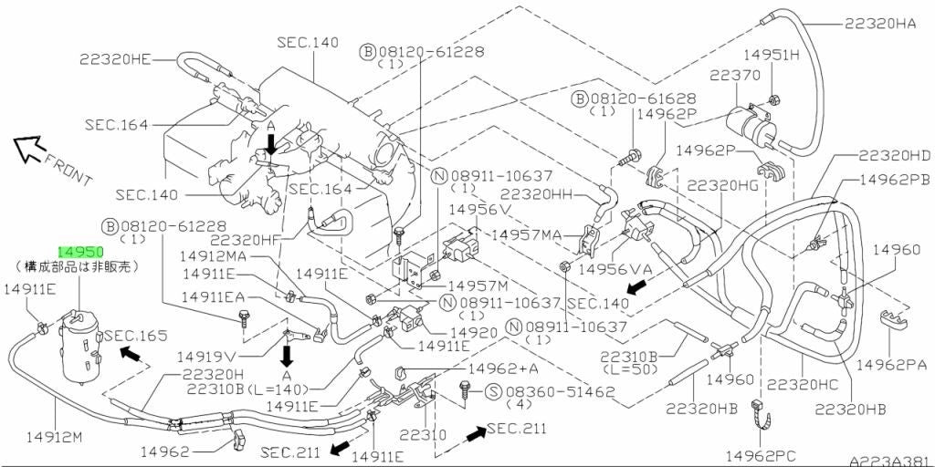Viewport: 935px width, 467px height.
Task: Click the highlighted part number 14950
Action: coord(80,252)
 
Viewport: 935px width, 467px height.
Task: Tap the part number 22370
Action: coord(735,75)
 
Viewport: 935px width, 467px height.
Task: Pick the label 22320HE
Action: coord(115,59)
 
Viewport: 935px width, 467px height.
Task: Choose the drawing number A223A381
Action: coord(891,461)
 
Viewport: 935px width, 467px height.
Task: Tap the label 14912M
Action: coord(54,438)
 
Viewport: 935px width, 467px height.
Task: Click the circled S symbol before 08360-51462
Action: coord(493,391)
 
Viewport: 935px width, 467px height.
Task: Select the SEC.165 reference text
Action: coord(131,336)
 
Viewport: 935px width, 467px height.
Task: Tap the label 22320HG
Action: coord(723,185)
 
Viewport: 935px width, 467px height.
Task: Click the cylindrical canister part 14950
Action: coord(79,349)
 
